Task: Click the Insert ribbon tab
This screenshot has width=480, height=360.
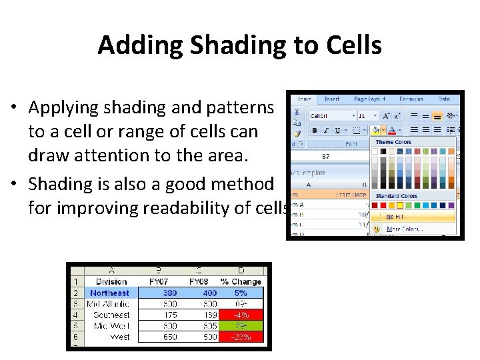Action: pos(331,99)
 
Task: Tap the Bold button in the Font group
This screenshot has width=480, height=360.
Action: pos(315,131)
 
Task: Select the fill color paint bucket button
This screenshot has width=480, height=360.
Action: pos(375,131)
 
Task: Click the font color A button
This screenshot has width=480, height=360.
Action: pos(393,131)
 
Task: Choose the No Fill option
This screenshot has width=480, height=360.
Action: pos(396,216)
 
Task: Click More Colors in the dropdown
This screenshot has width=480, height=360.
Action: pos(404,229)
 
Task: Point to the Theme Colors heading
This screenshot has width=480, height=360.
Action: pos(393,142)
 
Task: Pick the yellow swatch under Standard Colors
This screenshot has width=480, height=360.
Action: pos(399,205)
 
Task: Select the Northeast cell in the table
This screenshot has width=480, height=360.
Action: pos(110,293)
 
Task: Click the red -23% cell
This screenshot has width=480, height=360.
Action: pos(241,337)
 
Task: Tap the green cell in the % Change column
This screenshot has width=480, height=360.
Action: pos(241,326)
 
